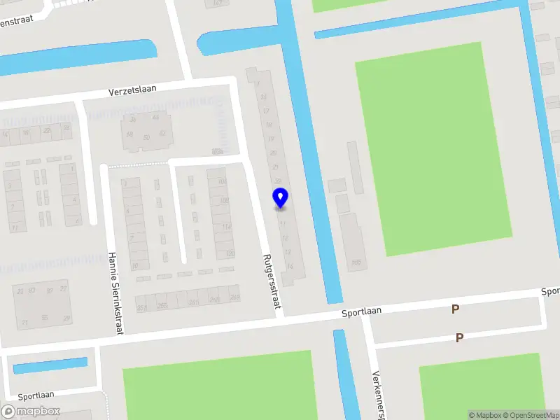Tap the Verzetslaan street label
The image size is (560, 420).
pos(132,90)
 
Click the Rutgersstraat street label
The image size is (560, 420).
pos(272,281)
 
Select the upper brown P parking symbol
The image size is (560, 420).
pos(455,309)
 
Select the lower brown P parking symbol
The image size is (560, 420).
pos(459,337)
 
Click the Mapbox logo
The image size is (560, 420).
pos(31,412)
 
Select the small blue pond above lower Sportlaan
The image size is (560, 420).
pos(50,365)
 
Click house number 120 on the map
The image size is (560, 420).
pos(229,253)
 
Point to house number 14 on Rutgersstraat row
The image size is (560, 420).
pos(289,267)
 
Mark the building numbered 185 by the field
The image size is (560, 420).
pos(356,262)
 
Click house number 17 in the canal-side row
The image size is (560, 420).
pos(265,111)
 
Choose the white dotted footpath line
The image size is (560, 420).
pos(136,165)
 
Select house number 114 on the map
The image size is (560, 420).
pos(226,226)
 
